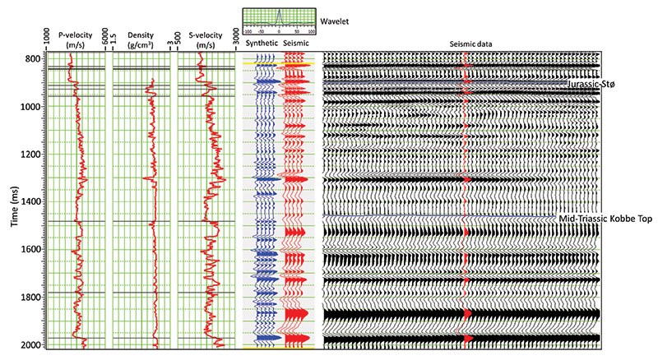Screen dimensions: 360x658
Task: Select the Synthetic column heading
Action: (x=261, y=42)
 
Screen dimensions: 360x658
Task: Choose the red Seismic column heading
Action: (x=295, y=42)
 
